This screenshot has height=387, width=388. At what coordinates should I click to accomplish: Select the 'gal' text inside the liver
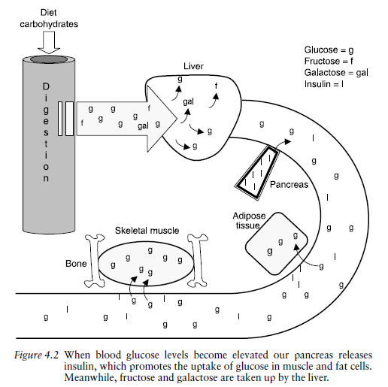pos(189,100)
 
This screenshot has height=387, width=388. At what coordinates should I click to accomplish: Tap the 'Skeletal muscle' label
pos(147,231)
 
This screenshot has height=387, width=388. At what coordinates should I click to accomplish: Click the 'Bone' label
pos(76,265)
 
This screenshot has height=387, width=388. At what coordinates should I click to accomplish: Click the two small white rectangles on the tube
pos(68,119)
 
